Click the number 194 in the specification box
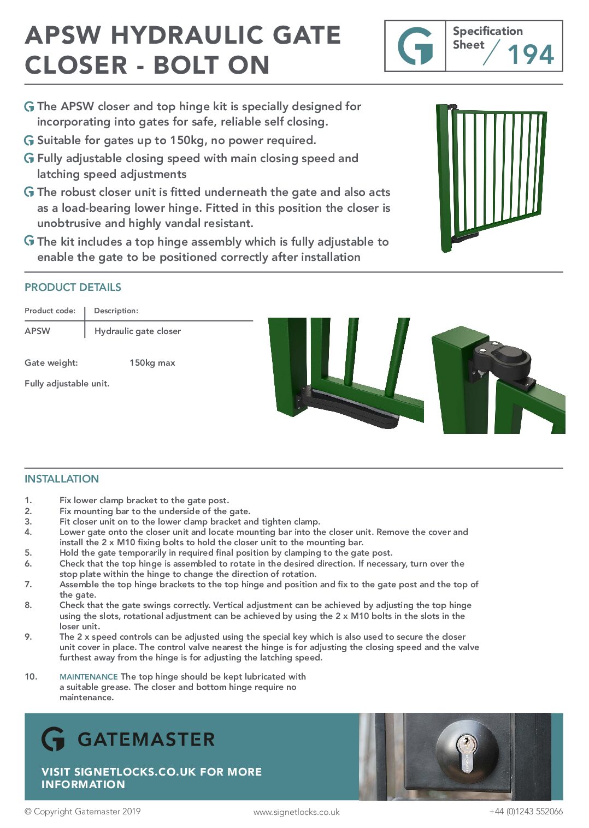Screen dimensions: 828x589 pyautogui.click(x=530, y=54)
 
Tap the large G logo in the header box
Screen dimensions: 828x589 pyautogui.click(x=415, y=46)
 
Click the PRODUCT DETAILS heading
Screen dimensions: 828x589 pyautogui.click(x=73, y=287)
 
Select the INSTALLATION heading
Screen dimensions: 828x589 pyautogui.click(x=62, y=479)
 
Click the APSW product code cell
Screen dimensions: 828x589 pyautogui.click(x=37, y=331)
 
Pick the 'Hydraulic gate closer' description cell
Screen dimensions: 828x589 pyautogui.click(x=137, y=331)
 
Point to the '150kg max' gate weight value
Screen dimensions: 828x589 pyautogui.click(x=152, y=362)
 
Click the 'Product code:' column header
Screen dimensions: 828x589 pyautogui.click(x=50, y=311)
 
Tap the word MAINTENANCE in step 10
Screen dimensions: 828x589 pyautogui.click(x=89, y=676)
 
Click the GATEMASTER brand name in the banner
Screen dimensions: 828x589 pyautogui.click(x=146, y=740)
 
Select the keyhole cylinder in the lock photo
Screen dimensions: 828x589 pyautogui.click(x=466, y=753)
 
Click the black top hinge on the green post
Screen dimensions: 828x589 pyautogui.click(x=503, y=362)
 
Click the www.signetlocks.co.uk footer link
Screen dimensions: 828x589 pyautogui.click(x=296, y=812)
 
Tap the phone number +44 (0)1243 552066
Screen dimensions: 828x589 pyautogui.click(x=526, y=811)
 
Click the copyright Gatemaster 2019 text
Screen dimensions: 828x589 pyautogui.click(x=83, y=811)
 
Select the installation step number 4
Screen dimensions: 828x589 pyautogui.click(x=28, y=532)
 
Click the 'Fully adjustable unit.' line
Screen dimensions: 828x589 pyautogui.click(x=67, y=383)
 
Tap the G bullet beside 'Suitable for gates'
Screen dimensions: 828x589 pyautogui.click(x=29, y=140)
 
